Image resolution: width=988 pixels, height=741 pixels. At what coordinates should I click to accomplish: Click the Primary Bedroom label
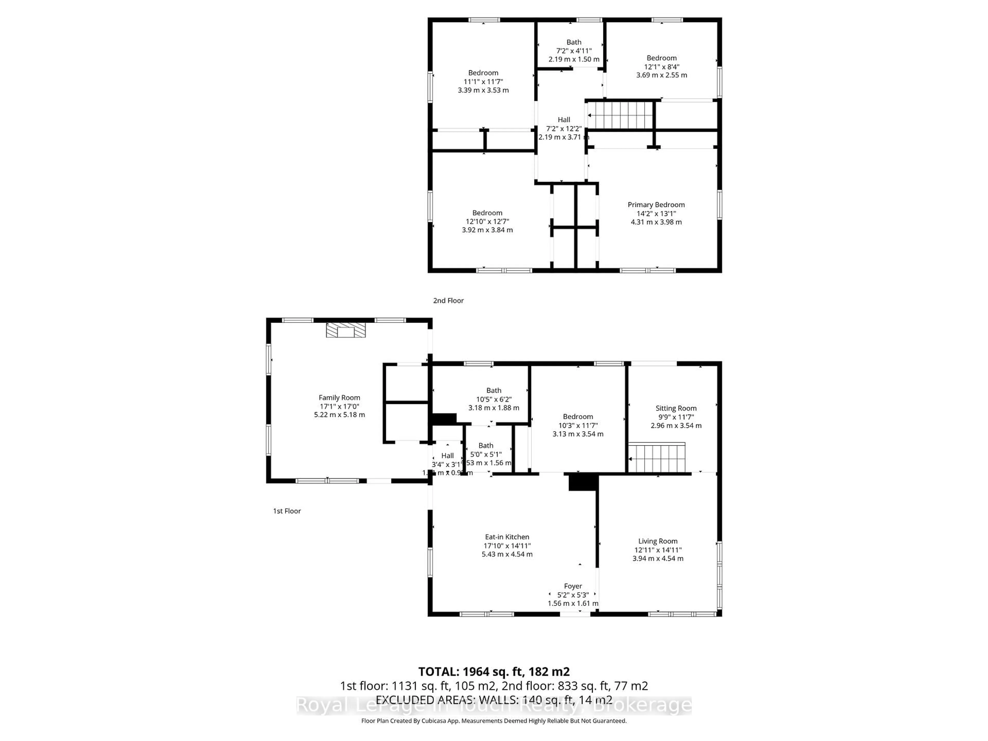click(x=656, y=205)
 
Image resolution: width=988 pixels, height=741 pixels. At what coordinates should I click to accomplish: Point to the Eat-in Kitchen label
click(x=507, y=537)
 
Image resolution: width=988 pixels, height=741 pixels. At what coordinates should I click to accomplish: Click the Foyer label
click(x=573, y=586)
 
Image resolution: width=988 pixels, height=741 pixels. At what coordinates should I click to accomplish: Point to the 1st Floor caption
click(x=287, y=511)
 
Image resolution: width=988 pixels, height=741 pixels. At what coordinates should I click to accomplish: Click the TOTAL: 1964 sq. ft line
click(x=493, y=672)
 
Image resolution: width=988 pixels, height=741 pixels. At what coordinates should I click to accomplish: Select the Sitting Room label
click(x=676, y=408)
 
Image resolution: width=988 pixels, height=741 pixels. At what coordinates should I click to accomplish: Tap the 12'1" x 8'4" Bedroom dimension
click(x=661, y=67)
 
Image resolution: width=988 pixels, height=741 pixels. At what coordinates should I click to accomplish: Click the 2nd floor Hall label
click(x=564, y=120)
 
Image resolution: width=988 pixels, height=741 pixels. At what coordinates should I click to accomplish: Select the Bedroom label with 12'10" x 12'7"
click(x=487, y=213)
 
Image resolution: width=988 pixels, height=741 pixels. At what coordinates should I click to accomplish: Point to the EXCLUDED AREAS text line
click(x=493, y=700)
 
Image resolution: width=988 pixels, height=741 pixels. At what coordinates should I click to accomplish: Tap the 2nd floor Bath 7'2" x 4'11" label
click(x=574, y=42)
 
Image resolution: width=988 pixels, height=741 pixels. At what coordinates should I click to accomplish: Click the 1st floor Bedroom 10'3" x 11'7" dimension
click(x=578, y=426)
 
